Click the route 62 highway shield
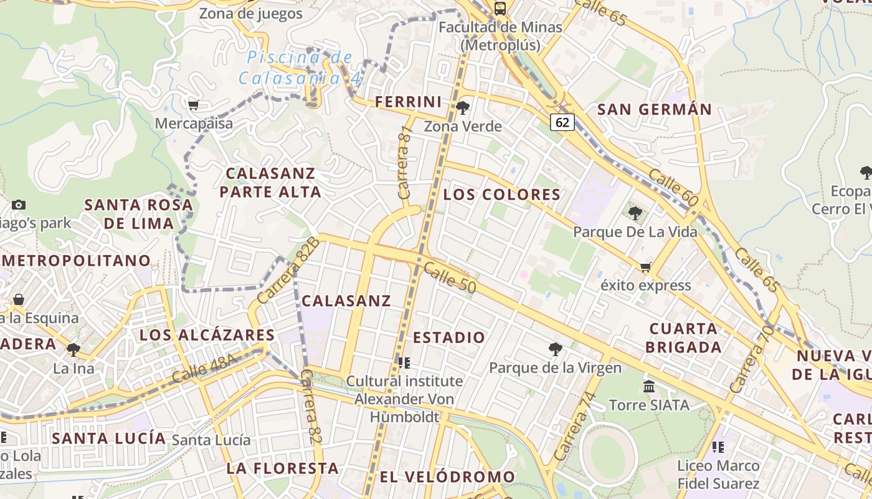click(562, 122)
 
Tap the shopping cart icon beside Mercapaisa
click(193, 105)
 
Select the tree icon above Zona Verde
click(462, 108)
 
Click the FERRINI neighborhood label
click(408, 102)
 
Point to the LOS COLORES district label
click(502, 195)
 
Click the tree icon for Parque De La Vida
click(635, 214)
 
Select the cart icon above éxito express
click(645, 268)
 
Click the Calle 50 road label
click(449, 278)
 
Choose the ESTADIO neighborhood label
click(448, 337)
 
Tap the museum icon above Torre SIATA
click(649, 387)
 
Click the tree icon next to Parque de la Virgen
click(554, 349)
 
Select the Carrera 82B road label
click(288, 271)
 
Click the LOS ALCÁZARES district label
click(207, 335)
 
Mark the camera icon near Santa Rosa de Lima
click(19, 205)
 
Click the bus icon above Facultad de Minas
click(500, 9)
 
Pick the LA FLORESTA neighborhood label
click(282, 468)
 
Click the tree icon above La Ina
click(73, 349)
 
